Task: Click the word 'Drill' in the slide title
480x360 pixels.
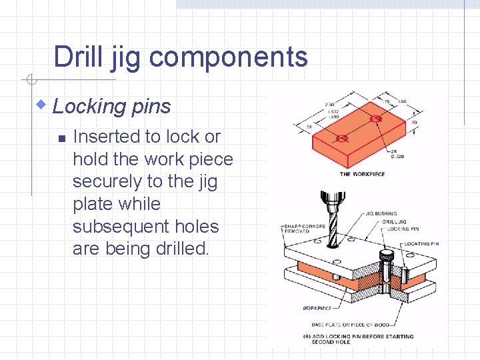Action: (x=77, y=57)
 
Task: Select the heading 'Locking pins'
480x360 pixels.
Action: (x=112, y=106)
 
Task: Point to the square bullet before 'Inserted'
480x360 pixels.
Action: (x=60, y=139)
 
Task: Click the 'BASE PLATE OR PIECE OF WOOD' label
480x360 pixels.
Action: (x=354, y=325)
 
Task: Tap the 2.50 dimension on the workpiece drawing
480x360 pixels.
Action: (x=329, y=105)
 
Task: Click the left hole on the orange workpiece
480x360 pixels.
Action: (x=342, y=139)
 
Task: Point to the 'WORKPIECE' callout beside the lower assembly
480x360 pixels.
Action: (x=317, y=309)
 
